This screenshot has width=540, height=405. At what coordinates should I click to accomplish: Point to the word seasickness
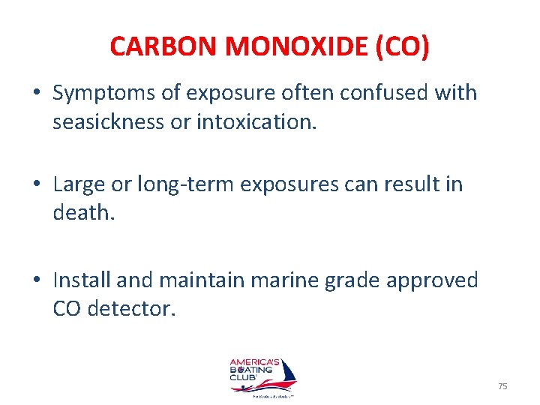coord(108,121)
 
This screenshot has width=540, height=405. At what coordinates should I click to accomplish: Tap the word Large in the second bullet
coord(78,184)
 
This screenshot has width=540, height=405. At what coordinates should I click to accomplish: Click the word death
coord(82,212)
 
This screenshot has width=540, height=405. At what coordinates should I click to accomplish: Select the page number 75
coord(502,385)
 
